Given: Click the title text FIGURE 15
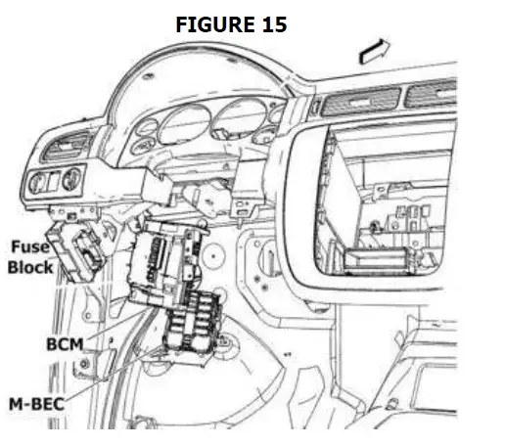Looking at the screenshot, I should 231,25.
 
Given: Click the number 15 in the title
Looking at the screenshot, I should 271,25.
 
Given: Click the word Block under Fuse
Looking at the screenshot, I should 30,266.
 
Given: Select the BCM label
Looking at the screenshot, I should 66,343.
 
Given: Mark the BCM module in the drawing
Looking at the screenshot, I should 171,259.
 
